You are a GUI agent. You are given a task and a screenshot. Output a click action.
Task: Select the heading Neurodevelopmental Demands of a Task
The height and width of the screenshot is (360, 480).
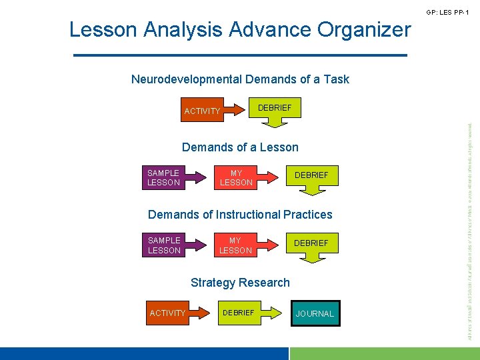(x=240, y=79)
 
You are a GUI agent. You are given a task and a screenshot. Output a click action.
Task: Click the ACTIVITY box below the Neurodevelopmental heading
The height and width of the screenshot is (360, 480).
(x=202, y=111)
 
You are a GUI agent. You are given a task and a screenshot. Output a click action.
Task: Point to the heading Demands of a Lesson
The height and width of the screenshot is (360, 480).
(x=240, y=147)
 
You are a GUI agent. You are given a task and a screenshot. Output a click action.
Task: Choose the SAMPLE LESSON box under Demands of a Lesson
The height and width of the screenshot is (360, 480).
(x=164, y=177)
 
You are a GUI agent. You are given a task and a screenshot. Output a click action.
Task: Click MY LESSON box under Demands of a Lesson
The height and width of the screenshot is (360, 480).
(x=236, y=177)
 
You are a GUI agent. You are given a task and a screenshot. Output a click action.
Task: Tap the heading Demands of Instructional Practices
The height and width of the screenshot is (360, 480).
(x=240, y=214)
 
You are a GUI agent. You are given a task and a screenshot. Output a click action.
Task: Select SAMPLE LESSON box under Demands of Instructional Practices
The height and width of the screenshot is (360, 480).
(x=164, y=245)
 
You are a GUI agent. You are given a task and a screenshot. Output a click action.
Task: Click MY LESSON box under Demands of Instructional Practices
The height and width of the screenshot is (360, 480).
(x=236, y=245)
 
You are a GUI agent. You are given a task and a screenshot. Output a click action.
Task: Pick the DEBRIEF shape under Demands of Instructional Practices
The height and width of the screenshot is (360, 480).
(x=311, y=243)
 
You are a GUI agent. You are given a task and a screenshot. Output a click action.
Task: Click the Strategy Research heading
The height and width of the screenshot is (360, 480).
(x=240, y=282)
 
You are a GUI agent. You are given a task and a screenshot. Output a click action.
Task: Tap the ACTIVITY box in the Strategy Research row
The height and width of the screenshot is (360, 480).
(x=168, y=313)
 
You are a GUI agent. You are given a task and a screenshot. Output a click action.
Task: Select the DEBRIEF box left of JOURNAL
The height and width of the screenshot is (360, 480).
(x=238, y=313)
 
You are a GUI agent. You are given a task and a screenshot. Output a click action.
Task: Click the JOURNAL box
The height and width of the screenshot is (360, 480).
(x=315, y=313)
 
